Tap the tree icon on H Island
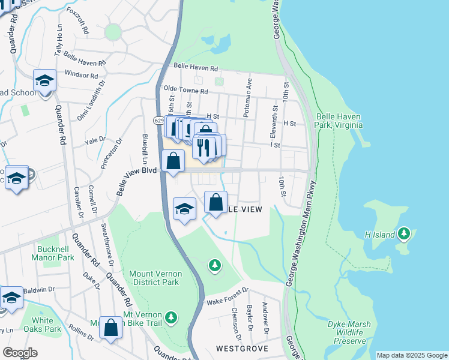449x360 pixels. [x=405, y=233]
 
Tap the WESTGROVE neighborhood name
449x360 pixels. [x=241, y=348]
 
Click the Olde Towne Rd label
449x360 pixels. [x=185, y=91]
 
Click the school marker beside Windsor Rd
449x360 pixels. [x=44, y=80]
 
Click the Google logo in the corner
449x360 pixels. [x=20, y=353]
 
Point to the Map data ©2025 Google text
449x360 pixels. [x=411, y=355]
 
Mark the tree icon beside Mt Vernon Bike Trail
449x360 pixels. [x=171, y=317]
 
